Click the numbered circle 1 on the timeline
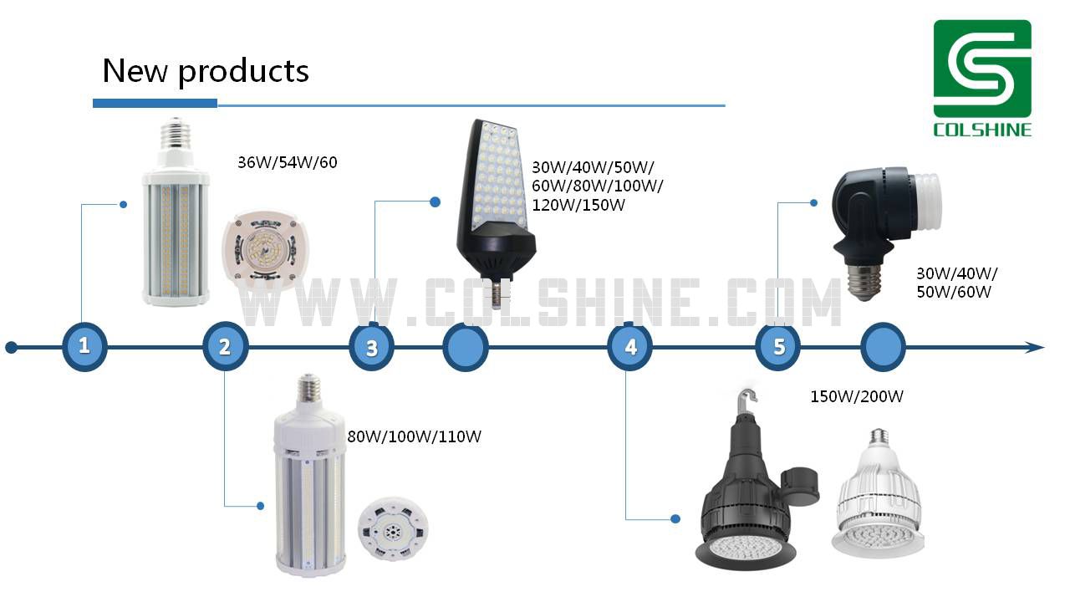tap(84, 346)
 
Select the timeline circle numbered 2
tap(226, 346)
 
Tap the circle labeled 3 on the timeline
tap(372, 347)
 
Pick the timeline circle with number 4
tap(630, 347)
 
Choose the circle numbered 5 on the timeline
tap(778, 347)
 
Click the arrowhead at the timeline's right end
tap(1034, 347)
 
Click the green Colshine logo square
tap(982, 69)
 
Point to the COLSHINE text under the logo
tap(982, 130)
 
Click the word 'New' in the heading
tap(135, 71)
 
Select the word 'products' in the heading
tap(243, 73)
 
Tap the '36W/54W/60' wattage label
tap(288, 162)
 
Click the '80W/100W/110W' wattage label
tap(414, 436)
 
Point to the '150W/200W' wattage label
tap(857, 396)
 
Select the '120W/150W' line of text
tap(578, 206)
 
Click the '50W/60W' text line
tap(954, 292)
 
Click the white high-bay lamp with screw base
tap(878, 494)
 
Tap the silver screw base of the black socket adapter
tap(864, 282)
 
